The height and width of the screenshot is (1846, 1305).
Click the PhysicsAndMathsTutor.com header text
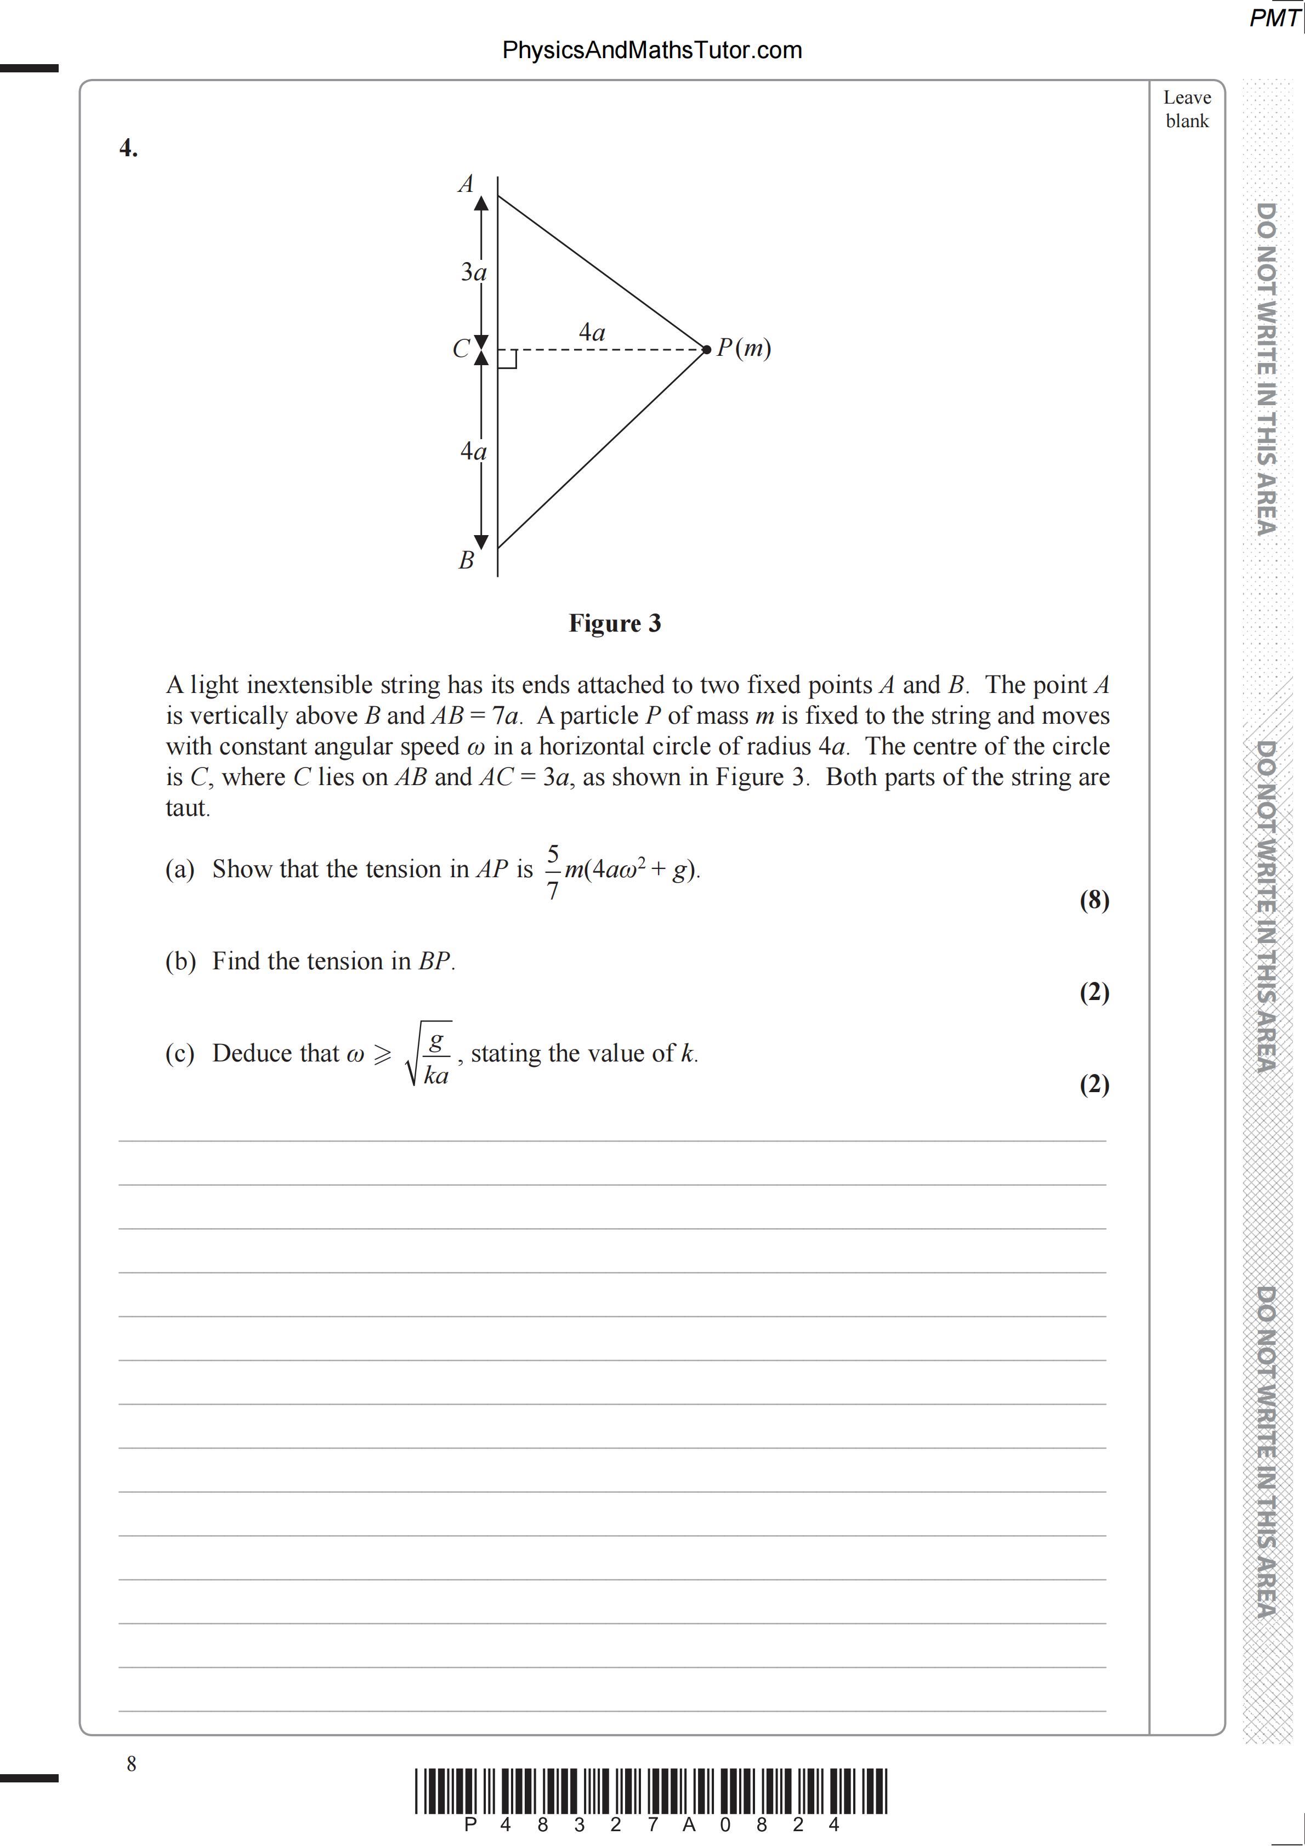[x=651, y=50]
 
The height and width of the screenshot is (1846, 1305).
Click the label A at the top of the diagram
[x=466, y=184]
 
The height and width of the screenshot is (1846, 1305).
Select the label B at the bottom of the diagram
[x=467, y=560]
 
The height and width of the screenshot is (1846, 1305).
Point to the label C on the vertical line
[x=461, y=349]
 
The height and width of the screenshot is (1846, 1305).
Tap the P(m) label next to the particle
[x=744, y=348]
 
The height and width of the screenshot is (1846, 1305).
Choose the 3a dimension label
[x=474, y=272]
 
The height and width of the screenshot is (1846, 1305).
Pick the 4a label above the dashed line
[x=592, y=332]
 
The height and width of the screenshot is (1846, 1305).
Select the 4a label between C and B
[x=474, y=452]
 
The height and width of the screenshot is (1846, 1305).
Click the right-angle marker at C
[x=507, y=360]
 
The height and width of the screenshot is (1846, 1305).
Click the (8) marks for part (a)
[x=1093, y=900]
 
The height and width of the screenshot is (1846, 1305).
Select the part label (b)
[x=180, y=962]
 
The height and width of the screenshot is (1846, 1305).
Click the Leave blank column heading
[x=1187, y=109]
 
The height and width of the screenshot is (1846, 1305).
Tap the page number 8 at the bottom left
[x=132, y=1764]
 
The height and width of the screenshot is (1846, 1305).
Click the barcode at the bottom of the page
[x=651, y=1791]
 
